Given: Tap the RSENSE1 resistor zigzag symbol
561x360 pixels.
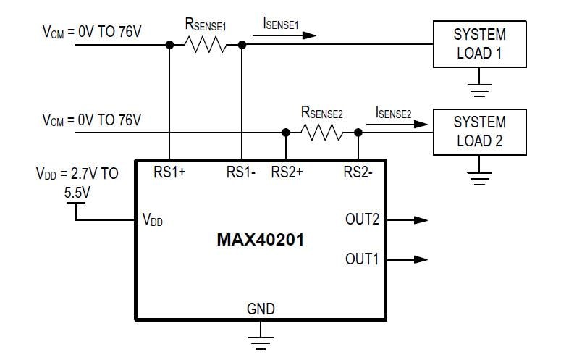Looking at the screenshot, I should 206,45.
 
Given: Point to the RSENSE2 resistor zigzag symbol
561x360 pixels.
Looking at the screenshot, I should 322,133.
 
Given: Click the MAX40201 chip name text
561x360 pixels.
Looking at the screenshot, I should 261,240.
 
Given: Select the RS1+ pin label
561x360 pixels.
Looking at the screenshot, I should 170,172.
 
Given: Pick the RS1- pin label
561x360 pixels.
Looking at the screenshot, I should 242,172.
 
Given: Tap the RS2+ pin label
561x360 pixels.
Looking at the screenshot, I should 287,172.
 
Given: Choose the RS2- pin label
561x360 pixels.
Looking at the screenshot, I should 358,172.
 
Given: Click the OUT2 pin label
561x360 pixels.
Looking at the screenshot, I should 362,219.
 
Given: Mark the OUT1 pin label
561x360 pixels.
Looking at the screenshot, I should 362,259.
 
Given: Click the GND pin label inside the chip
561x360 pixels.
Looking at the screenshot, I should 261,309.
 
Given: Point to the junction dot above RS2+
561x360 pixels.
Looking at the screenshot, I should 287,133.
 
